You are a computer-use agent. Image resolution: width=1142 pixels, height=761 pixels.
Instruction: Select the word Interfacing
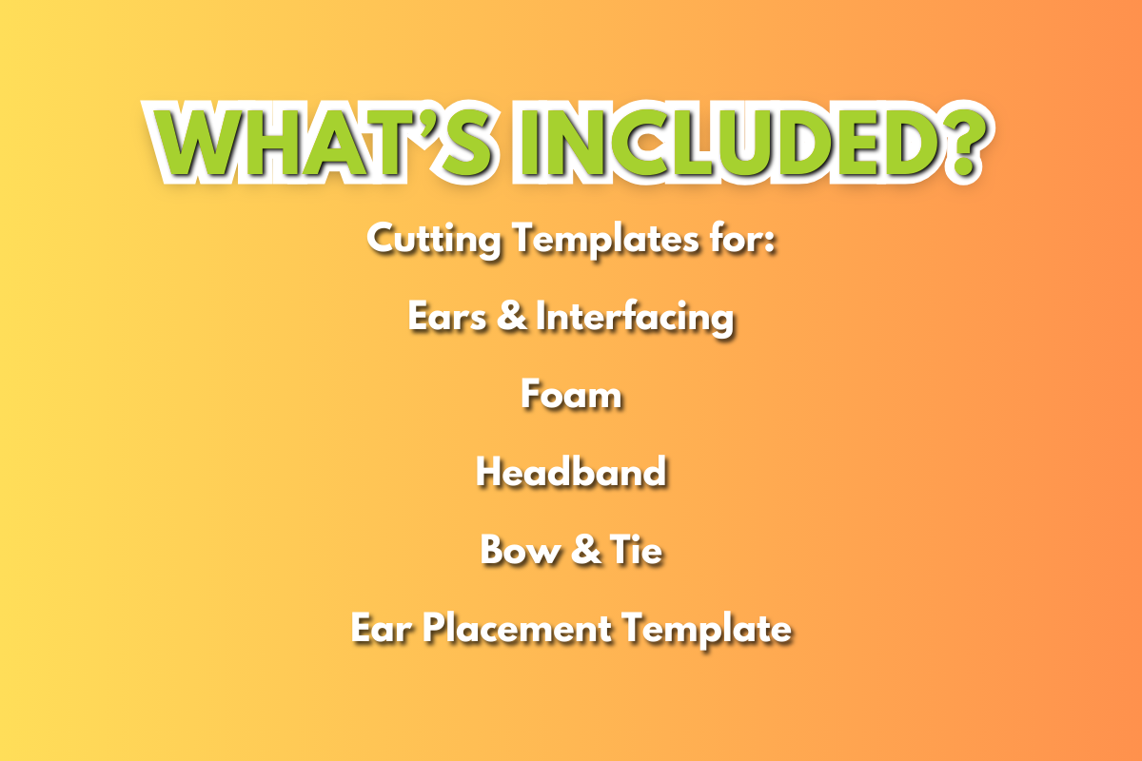[x=635, y=317]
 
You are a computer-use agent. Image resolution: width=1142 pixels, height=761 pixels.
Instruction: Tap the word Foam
[x=571, y=394]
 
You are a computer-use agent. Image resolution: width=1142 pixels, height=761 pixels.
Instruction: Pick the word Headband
[x=571, y=471]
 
